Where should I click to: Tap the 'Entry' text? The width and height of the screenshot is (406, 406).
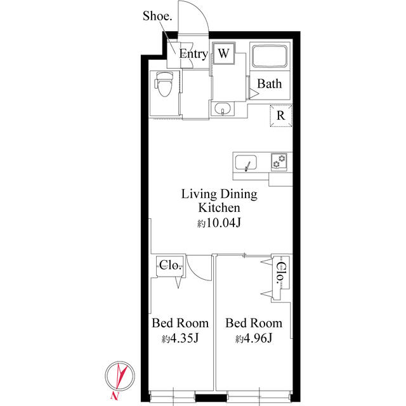193,55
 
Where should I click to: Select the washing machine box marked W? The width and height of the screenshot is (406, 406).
223,54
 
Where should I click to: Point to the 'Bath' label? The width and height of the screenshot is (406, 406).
270,84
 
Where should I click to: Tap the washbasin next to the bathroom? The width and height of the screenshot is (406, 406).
222,110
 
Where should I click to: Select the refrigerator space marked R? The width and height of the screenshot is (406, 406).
280,115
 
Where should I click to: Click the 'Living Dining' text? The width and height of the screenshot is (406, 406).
219,194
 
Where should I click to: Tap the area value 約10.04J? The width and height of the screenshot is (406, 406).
219,223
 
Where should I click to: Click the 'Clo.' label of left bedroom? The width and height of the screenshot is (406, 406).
170,265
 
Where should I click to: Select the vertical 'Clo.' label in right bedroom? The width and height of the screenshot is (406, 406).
280,274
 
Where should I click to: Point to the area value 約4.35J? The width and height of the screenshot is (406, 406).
180,338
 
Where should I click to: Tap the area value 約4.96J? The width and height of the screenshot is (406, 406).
254,338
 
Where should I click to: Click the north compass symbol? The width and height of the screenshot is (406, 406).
120,377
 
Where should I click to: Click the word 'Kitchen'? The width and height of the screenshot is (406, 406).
219,208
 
